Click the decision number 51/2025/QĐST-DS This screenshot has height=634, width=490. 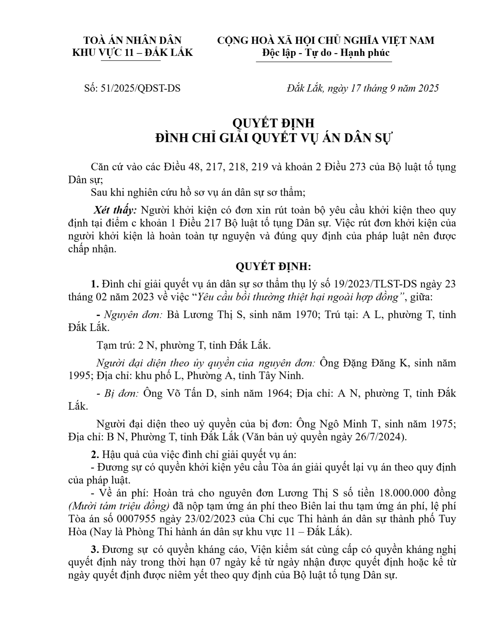point(132,89)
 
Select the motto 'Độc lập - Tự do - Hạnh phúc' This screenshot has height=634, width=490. point(326,53)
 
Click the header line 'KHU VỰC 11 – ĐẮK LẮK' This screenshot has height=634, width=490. point(132,53)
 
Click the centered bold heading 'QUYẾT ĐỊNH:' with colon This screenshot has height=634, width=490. point(273,267)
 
